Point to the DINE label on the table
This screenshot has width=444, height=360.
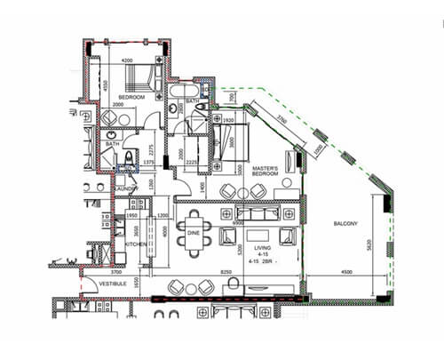tap(193, 233)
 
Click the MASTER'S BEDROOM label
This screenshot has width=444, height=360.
tap(266, 171)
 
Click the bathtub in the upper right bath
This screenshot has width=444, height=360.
tap(187, 92)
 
